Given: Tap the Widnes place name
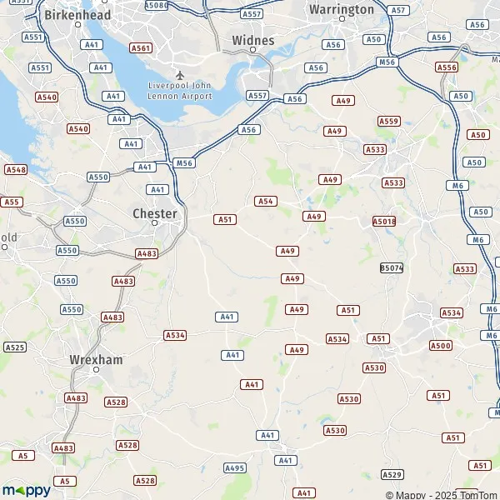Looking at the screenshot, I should pyautogui.click(x=253, y=40).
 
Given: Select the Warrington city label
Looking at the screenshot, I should pyautogui.click(x=342, y=9).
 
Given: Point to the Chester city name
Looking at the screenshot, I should pyautogui.click(x=155, y=214).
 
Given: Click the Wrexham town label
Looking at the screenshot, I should pyautogui.click(x=96, y=360).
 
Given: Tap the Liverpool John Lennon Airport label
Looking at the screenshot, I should pyautogui.click(x=181, y=90).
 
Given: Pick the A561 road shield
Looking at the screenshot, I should pyautogui.click(x=141, y=49).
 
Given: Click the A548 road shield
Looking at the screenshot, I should pyautogui.click(x=16, y=169).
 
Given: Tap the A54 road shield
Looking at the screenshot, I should pyautogui.click(x=266, y=201).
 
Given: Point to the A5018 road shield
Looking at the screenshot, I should pyautogui.click(x=384, y=222).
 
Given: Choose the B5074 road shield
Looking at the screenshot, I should pyautogui.click(x=392, y=267).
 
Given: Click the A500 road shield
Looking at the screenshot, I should pyautogui.click(x=441, y=345).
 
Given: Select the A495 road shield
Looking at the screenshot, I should pyautogui.click(x=236, y=468).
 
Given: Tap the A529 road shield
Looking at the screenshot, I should pyautogui.click(x=392, y=474).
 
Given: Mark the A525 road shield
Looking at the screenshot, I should pyautogui.click(x=15, y=347).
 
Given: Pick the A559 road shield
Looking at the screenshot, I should pyautogui.click(x=388, y=121).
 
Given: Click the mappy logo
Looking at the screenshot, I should pyautogui.click(x=26, y=490).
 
